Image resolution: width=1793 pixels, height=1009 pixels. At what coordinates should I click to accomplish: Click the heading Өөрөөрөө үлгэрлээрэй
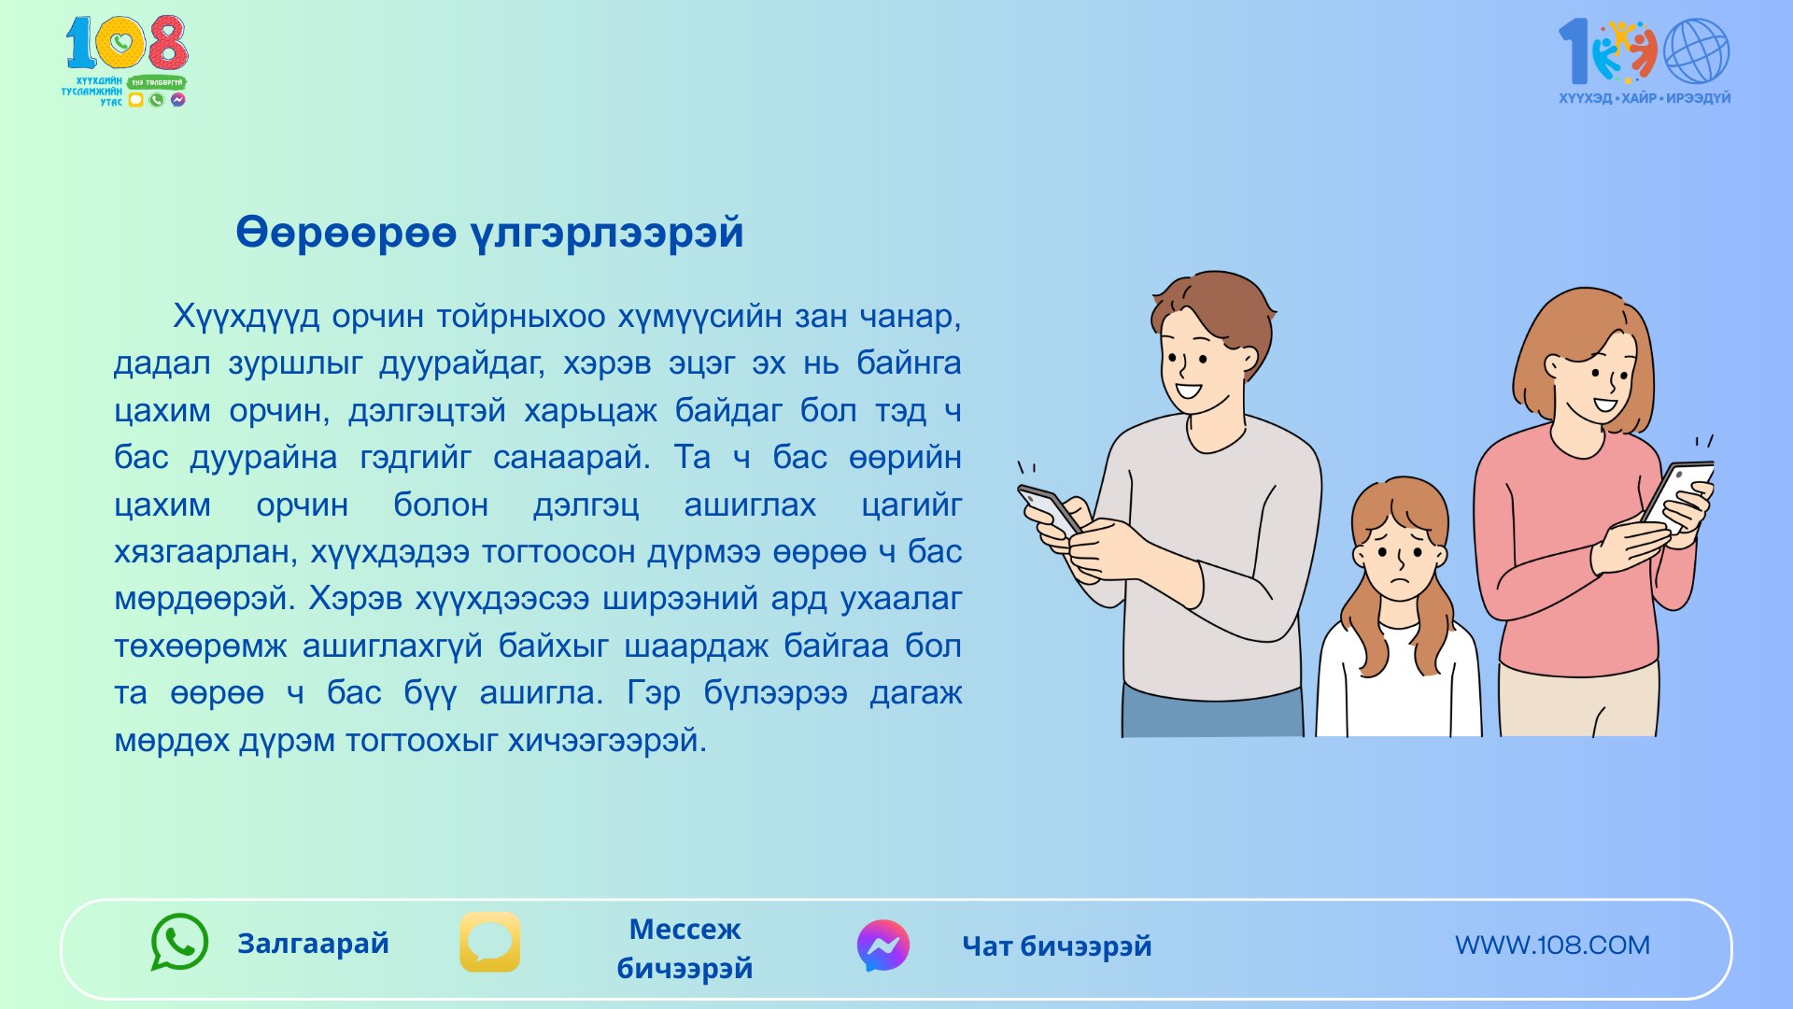[489, 233]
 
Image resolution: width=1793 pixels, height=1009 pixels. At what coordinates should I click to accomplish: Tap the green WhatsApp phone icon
[179, 942]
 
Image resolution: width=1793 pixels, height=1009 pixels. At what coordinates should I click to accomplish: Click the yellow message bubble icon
[490, 942]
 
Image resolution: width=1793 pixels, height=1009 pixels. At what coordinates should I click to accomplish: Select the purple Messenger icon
[883, 945]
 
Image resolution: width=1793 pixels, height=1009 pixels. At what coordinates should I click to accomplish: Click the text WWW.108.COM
[1552, 945]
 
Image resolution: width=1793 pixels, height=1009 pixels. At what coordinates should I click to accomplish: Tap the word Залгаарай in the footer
[313, 944]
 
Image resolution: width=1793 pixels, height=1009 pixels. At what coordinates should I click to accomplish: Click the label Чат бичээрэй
[1057, 946]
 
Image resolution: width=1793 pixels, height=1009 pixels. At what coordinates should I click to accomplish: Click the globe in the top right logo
[1696, 52]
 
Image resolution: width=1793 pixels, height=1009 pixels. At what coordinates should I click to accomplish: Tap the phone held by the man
[1050, 510]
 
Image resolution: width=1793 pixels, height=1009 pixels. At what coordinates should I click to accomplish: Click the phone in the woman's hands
[1678, 495]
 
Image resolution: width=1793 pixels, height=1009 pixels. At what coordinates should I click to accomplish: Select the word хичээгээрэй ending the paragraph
[607, 741]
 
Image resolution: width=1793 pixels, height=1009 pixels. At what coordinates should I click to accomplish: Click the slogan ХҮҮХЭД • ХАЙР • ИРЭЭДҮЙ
[1645, 98]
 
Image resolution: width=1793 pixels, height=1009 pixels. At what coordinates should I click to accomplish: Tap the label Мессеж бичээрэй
[685, 948]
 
